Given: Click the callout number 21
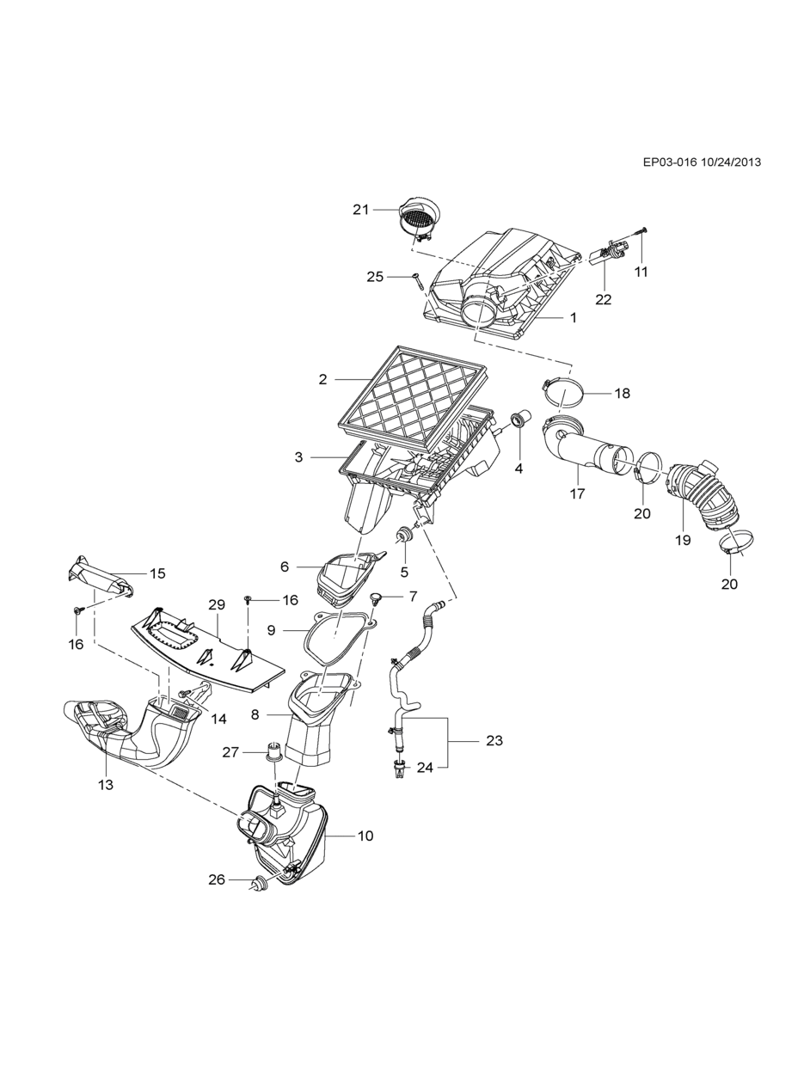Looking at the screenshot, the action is [360, 210].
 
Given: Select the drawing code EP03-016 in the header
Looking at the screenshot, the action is [670, 162].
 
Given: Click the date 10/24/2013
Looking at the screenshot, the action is [731, 162].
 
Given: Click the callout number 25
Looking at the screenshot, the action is [375, 277].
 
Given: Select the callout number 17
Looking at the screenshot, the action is [577, 494].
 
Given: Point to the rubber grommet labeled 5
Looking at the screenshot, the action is [404, 536].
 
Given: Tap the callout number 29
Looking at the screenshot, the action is [217, 604].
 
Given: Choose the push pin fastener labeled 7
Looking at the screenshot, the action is [377, 598].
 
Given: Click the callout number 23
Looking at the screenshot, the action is [494, 740].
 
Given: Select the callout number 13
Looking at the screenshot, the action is [106, 784].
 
